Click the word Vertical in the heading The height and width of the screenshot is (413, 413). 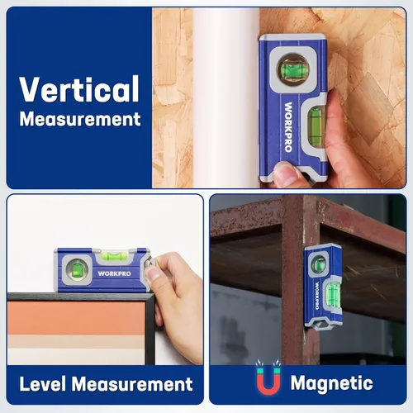pyautogui.click(x=79, y=88)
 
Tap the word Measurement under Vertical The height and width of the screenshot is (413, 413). pyautogui.click(x=79, y=119)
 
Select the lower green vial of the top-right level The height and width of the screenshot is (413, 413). pyautogui.click(x=314, y=126)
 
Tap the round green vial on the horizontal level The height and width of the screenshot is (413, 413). pyautogui.click(x=77, y=268)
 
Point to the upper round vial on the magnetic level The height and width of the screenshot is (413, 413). pyautogui.click(x=318, y=264)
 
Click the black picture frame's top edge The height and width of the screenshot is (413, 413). pyautogui.click(x=74, y=297)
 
